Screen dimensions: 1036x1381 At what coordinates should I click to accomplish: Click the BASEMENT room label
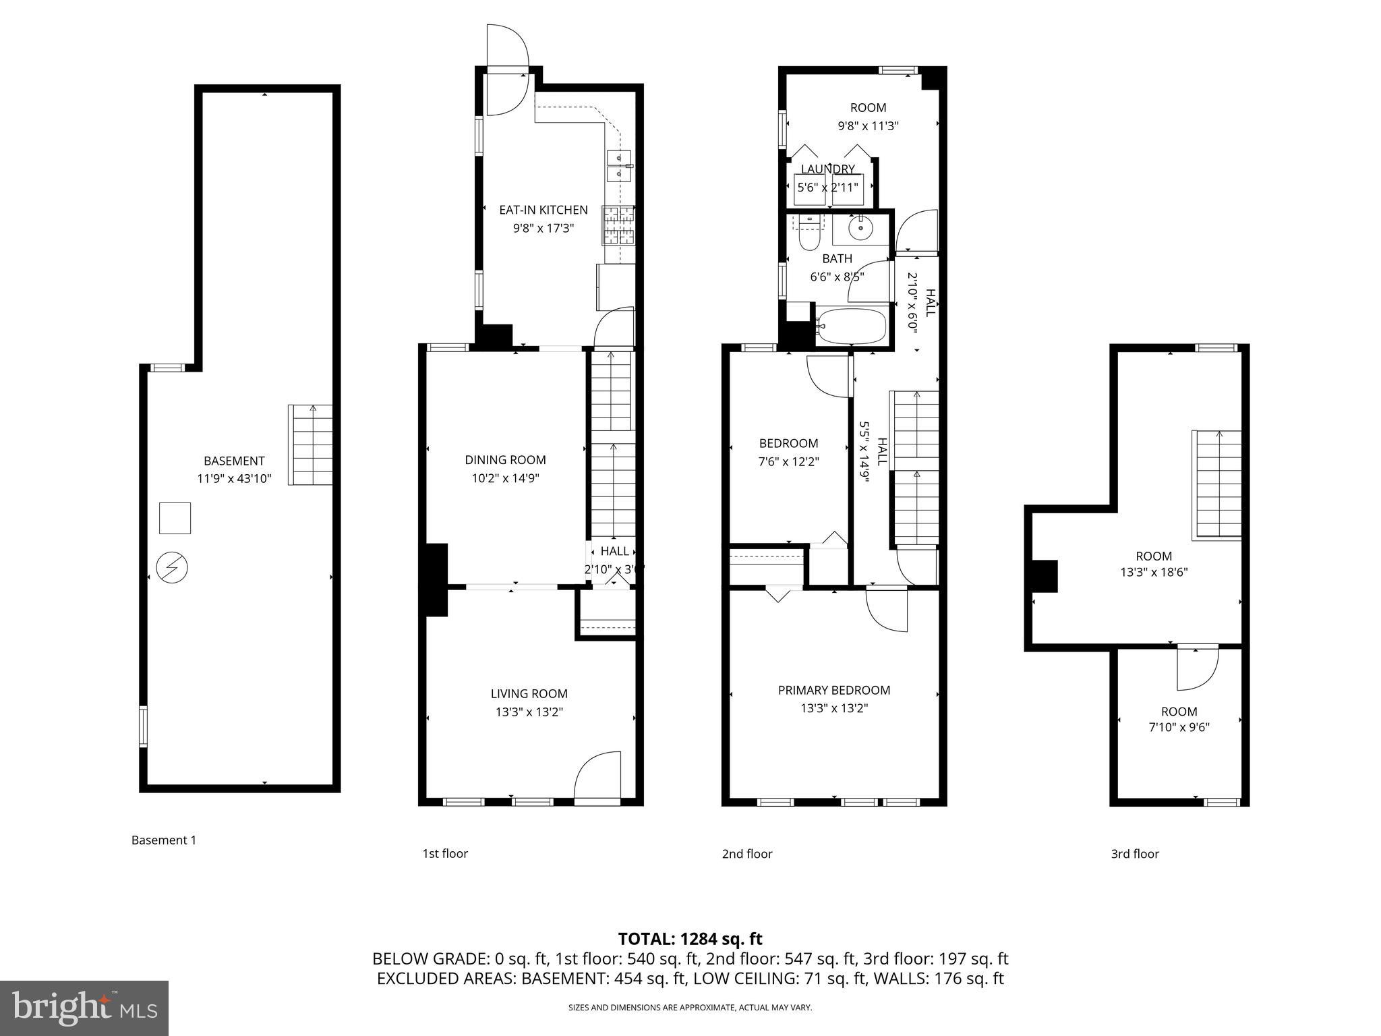pyautogui.click(x=233, y=461)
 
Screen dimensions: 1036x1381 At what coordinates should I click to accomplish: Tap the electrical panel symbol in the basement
pyautogui.click(x=172, y=568)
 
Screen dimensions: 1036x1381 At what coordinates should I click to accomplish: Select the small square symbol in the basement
pyautogui.click(x=175, y=518)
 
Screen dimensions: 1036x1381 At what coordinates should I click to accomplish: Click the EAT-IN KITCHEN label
pyautogui.click(x=543, y=210)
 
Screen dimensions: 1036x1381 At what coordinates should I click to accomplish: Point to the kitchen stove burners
pyautogui.click(x=618, y=225)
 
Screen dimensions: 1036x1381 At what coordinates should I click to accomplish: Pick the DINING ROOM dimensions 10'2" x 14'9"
pyautogui.click(x=505, y=478)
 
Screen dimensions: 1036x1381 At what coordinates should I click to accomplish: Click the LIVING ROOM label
pyautogui.click(x=529, y=693)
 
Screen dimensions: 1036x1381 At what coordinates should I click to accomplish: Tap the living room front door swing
pyautogui.click(x=598, y=776)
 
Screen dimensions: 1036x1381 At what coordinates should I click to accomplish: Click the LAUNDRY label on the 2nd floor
pyautogui.click(x=827, y=169)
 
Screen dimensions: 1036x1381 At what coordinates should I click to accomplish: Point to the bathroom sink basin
pyautogui.click(x=861, y=228)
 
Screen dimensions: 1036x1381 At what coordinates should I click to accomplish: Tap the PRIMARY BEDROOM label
pyautogui.click(x=833, y=690)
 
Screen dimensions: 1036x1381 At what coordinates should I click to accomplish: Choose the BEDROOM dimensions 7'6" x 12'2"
pyautogui.click(x=788, y=462)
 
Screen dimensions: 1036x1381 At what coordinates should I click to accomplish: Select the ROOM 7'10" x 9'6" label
pyautogui.click(x=1179, y=712)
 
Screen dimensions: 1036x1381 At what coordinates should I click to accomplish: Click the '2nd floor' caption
pyautogui.click(x=746, y=854)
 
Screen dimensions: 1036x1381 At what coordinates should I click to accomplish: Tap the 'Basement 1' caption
pyautogui.click(x=164, y=840)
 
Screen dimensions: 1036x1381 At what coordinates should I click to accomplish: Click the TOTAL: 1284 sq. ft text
pyautogui.click(x=690, y=939)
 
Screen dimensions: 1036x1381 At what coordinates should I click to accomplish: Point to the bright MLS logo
pyautogui.click(x=84, y=1008)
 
